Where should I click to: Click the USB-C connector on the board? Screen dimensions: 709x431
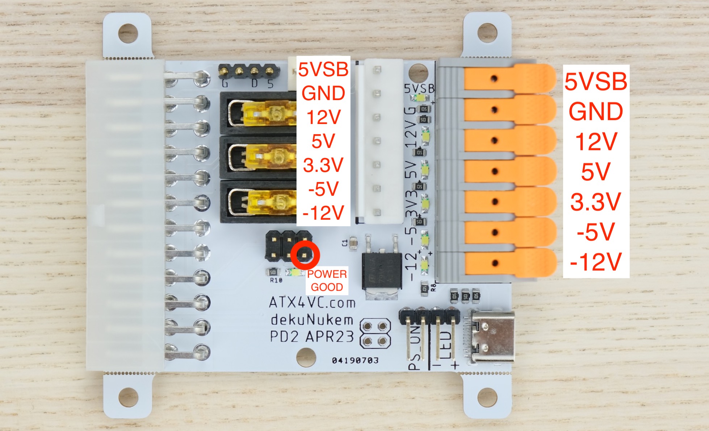coord(492,336)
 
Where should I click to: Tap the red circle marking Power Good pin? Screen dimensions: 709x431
coord(305,255)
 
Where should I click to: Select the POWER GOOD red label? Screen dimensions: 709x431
coord(327,281)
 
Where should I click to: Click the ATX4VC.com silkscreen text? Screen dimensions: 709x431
coord(312,303)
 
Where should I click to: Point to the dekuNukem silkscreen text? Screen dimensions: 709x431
coord(312,320)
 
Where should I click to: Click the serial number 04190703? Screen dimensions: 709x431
coord(355,360)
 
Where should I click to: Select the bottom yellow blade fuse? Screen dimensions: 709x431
coord(268,202)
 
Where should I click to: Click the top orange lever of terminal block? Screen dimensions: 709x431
coord(509,78)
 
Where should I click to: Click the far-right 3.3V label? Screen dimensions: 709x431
coord(596,202)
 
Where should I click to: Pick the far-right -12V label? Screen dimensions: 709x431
coord(596,262)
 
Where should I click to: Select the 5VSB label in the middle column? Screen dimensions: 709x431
coord(323,69)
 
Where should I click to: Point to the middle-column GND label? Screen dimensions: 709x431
coord(323,93)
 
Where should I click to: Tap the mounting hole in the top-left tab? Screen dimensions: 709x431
coord(128,33)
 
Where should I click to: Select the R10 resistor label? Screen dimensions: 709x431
coord(276,280)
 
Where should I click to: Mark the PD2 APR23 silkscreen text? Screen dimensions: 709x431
coord(312,337)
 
